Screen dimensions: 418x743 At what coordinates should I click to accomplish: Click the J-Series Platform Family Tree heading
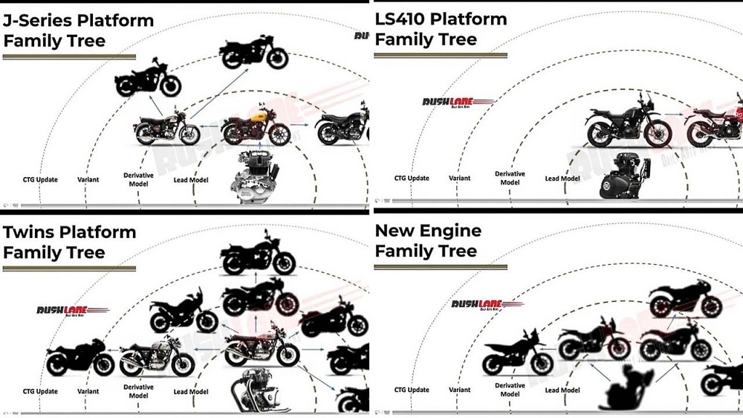pos(78,30)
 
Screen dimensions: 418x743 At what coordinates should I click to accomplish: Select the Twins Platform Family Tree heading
pos(69,242)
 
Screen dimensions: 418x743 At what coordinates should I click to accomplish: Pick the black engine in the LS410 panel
pos(622,176)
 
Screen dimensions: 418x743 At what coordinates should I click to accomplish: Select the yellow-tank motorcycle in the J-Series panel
pos(256,126)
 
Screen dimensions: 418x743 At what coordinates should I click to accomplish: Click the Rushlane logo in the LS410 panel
pos(458,103)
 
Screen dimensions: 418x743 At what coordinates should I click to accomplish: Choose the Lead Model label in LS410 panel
pos(562,179)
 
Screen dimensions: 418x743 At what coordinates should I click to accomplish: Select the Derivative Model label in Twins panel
pos(138,391)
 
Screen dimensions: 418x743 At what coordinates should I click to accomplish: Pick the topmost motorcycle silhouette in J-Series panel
pos(254,52)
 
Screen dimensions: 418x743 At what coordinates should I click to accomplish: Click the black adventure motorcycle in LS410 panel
pos(629,123)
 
